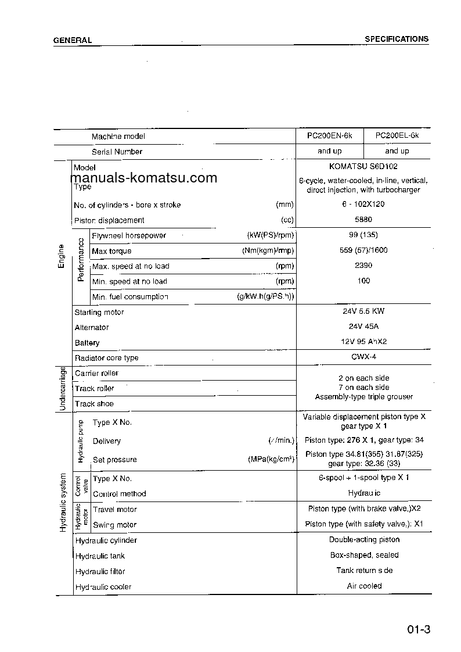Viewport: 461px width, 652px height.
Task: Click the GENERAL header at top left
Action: pyautogui.click(x=73, y=40)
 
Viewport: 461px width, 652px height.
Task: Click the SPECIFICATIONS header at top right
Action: pyautogui.click(x=397, y=39)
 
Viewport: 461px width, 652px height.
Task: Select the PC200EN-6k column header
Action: pyautogui.click(x=330, y=135)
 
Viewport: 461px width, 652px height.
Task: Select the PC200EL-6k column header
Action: pyautogui.click(x=397, y=135)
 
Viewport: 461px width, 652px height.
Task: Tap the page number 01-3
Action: pyautogui.click(x=418, y=630)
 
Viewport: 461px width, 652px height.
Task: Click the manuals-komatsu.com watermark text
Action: pyautogui.click(x=144, y=178)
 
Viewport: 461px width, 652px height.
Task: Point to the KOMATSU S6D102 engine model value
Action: pyautogui.click(x=363, y=166)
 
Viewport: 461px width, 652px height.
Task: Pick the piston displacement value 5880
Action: pyautogui.click(x=363, y=220)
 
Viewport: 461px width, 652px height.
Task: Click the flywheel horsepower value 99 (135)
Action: pyautogui.click(x=363, y=235)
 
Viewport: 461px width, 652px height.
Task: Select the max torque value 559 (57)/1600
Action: pyautogui.click(x=363, y=250)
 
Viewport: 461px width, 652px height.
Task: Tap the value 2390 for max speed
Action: pyautogui.click(x=363, y=265)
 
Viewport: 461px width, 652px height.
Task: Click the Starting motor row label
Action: pyautogui.click(x=99, y=312)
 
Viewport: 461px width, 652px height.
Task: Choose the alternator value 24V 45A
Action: pyautogui.click(x=363, y=327)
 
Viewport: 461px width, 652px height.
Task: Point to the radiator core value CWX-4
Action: pyautogui.click(x=363, y=357)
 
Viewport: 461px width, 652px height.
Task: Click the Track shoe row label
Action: pyautogui.click(x=94, y=403)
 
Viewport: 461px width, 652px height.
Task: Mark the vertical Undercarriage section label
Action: pyautogui.click(x=63, y=389)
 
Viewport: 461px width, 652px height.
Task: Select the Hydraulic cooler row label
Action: pyautogui.click(x=103, y=587)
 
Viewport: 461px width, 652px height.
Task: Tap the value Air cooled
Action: pyautogui.click(x=364, y=586)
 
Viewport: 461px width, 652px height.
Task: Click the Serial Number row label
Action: pyautogui.click(x=117, y=152)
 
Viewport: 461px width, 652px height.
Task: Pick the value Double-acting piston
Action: pyautogui.click(x=364, y=539)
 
